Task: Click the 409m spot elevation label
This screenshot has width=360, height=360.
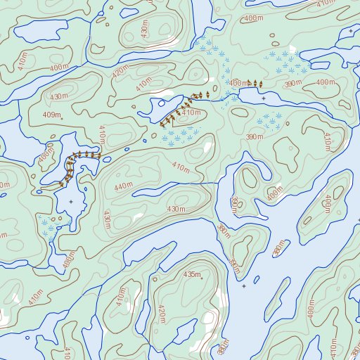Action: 51,115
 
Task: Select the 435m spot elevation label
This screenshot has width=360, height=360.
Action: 191,274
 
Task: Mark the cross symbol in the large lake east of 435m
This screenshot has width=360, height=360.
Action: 243,286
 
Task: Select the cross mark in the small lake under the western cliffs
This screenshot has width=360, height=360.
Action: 70,202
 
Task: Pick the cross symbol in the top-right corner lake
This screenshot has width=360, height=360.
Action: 350,51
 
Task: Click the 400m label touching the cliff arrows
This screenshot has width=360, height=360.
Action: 240,83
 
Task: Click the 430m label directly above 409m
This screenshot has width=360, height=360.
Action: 59,96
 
